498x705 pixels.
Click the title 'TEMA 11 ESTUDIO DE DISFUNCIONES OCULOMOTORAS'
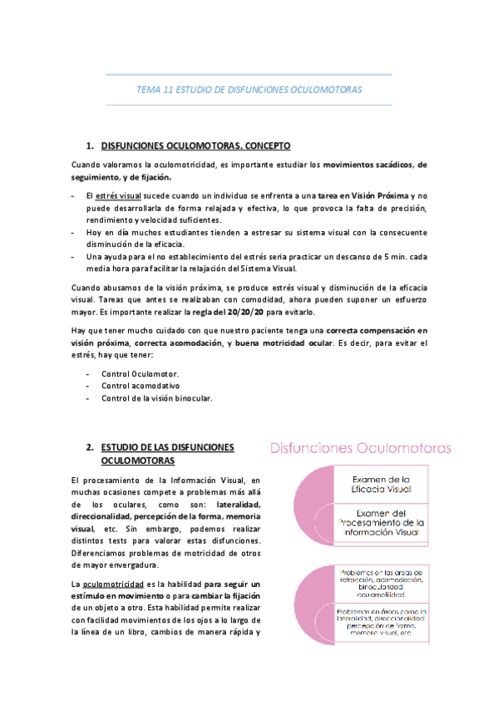coord(249,90)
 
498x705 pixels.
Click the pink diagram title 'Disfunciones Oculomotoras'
coord(359,448)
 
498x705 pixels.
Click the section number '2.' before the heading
coord(90,446)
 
